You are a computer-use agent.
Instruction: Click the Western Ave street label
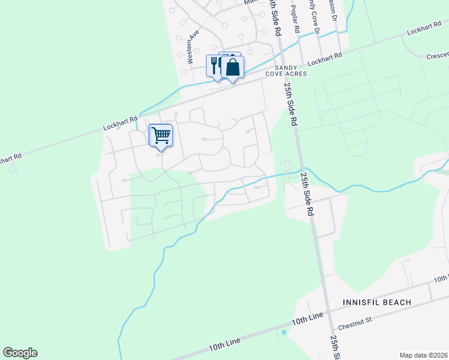191,48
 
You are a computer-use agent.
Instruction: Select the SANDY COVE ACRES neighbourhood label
286,71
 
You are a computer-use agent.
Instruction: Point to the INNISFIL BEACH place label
377,302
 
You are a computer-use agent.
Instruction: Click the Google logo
20,353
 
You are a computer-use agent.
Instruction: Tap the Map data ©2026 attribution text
423,355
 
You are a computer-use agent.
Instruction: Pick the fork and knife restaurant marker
214,65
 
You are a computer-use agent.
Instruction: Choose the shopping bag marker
233,67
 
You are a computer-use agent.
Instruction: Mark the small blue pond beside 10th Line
284,332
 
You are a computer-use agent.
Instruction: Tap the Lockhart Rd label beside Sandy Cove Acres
324,59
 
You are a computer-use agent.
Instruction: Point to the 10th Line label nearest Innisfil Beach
307,318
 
